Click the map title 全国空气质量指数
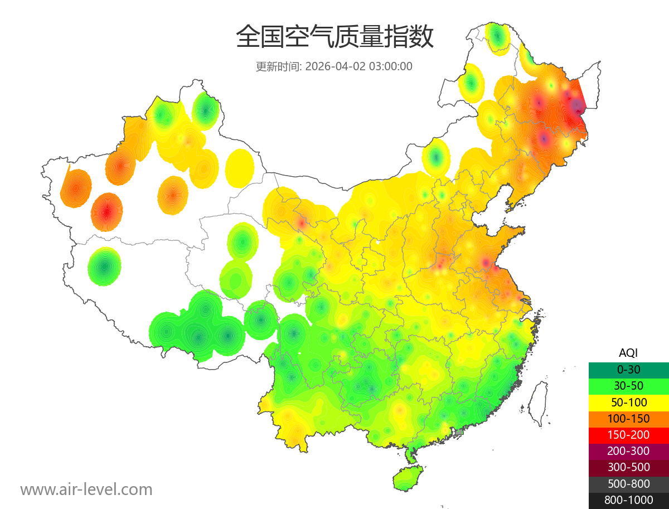334,38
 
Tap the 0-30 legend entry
628,369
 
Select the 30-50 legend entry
628,385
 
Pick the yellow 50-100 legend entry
628,402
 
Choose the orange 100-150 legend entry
628,418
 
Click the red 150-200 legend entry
628,434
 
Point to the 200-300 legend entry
628,450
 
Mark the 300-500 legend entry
628,467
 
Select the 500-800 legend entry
628,483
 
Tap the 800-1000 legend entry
628,500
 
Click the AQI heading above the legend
628,352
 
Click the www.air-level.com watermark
86,489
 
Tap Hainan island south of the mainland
408,478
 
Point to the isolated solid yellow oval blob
240,167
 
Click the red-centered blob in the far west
106,212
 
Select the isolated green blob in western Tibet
104,266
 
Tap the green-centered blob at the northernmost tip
497,37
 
